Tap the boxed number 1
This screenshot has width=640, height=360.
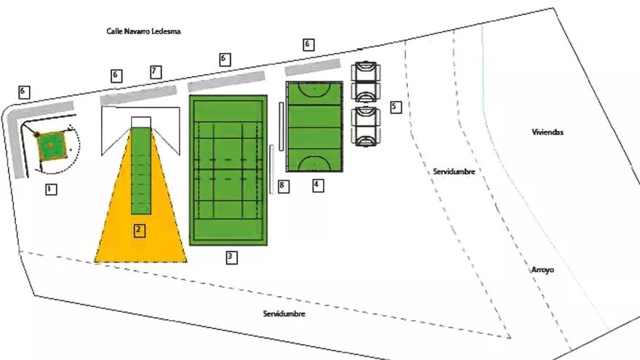(x=50, y=190)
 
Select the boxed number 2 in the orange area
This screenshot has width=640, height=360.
(x=139, y=231)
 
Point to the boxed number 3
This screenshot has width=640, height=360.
(x=231, y=256)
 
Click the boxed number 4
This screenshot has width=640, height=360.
(x=317, y=185)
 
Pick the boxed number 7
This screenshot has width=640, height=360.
(x=154, y=71)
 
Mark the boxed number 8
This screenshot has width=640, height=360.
(x=283, y=187)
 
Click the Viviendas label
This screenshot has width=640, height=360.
(x=548, y=132)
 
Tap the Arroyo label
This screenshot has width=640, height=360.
(x=543, y=270)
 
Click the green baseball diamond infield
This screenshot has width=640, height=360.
(x=50, y=145)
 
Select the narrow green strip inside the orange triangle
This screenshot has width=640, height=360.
(x=141, y=171)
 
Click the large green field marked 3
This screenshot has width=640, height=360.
(x=228, y=171)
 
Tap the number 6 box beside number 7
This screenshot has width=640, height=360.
(x=116, y=75)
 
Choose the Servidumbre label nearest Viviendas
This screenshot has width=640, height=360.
(x=454, y=172)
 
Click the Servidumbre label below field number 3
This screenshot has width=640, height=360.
(x=284, y=313)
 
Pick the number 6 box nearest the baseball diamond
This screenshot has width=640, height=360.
(x=24, y=92)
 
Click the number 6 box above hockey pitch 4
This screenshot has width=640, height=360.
(x=308, y=44)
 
